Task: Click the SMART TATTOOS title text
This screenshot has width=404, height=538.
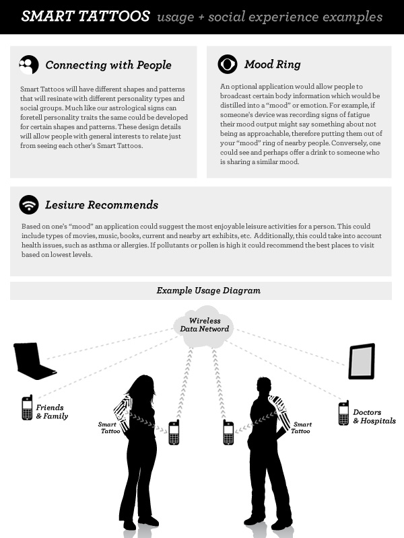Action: pos(86,16)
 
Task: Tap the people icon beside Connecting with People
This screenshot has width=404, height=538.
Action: pos(29,65)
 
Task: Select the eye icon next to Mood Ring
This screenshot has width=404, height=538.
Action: pos(228,64)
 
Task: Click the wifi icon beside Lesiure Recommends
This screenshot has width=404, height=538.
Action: pos(29,205)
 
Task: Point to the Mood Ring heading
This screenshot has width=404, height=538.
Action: pos(273,64)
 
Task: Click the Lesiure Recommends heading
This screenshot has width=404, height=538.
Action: pos(102,205)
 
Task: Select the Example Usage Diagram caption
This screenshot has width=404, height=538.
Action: pos(209,291)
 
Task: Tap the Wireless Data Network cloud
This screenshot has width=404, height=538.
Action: pos(204,326)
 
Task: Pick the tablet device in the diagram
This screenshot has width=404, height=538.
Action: pos(362,361)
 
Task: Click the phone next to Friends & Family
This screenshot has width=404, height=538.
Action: pos(27,408)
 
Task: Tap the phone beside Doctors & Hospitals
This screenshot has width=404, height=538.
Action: pos(343,413)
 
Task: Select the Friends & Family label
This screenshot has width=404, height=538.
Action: pos(52,412)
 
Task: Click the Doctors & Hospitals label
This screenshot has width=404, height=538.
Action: pos(374,416)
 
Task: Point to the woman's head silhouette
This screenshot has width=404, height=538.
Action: pos(141,387)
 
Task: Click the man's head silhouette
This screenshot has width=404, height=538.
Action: pos(264,386)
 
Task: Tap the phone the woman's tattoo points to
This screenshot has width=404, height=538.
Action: pos(174,432)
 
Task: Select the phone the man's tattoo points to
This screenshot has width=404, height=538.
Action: pos(228,432)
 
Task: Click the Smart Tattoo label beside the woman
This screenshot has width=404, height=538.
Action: pos(109,428)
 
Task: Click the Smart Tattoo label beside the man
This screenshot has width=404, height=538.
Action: pos(301,428)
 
